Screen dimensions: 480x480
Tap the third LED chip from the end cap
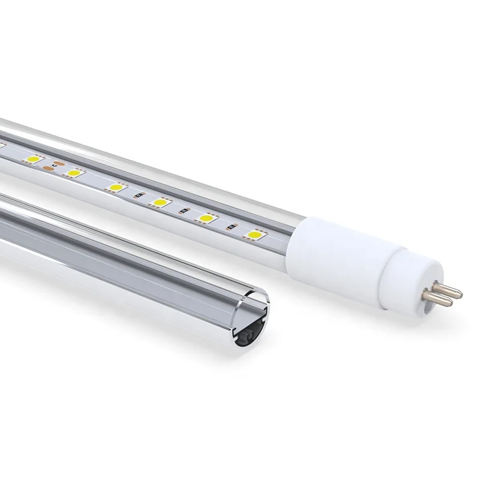(160, 202)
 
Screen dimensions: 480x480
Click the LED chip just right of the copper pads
(74, 173)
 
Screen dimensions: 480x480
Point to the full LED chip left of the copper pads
(32, 161)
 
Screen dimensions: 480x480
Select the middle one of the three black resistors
(184, 212)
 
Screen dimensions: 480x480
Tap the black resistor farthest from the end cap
(137, 196)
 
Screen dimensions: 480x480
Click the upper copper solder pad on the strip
(59, 162)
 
